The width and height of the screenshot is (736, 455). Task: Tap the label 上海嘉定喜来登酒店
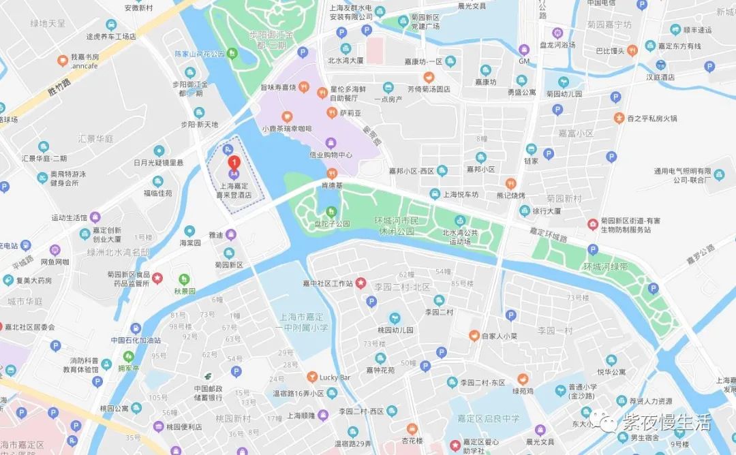(234, 189)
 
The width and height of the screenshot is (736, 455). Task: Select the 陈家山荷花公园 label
(200, 53)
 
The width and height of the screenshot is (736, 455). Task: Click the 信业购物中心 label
(331, 154)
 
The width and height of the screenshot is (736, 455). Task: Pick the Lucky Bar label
(335, 377)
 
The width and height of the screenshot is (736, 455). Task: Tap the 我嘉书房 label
(85, 57)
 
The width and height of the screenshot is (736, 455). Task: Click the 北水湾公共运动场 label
(460, 236)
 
